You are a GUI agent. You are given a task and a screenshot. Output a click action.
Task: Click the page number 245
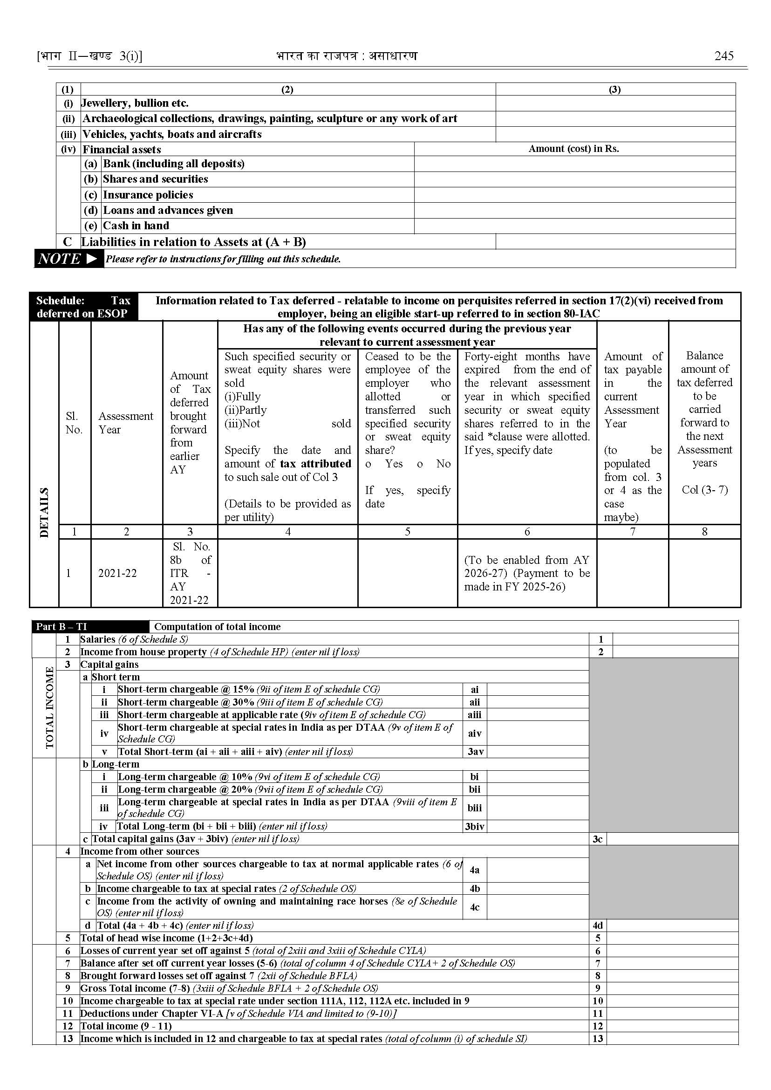click(x=723, y=56)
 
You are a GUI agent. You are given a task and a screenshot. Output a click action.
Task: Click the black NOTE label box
click(x=68, y=259)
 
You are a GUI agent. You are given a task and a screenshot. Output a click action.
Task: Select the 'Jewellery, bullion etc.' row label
click(x=135, y=103)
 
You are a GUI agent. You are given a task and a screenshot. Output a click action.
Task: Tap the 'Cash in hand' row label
click(x=136, y=226)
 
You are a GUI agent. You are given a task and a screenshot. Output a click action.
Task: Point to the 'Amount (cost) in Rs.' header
click(x=573, y=149)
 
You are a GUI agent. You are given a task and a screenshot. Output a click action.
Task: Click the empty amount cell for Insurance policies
click(x=574, y=195)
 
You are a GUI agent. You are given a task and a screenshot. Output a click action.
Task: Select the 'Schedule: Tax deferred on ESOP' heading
click(x=83, y=307)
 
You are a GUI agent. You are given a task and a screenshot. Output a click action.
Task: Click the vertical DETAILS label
click(x=44, y=512)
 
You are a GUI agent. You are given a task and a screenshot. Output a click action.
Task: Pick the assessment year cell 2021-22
click(x=117, y=573)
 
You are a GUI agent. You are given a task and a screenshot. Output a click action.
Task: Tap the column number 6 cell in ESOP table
click(x=527, y=532)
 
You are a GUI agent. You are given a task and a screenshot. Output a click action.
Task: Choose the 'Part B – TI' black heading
click(x=61, y=627)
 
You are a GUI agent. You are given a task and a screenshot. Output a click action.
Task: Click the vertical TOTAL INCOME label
click(x=50, y=708)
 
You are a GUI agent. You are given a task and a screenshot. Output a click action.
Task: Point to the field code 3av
click(x=475, y=752)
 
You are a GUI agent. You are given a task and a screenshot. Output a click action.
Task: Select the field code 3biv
click(x=475, y=827)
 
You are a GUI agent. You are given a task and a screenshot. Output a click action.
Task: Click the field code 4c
click(x=475, y=907)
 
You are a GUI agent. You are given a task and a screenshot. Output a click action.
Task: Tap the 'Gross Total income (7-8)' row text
click(x=229, y=988)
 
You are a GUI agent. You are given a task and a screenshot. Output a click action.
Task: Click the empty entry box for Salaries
click(x=675, y=639)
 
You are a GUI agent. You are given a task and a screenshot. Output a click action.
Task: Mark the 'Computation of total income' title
click(x=218, y=627)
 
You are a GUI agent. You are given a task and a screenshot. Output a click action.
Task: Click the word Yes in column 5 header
click(x=394, y=464)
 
